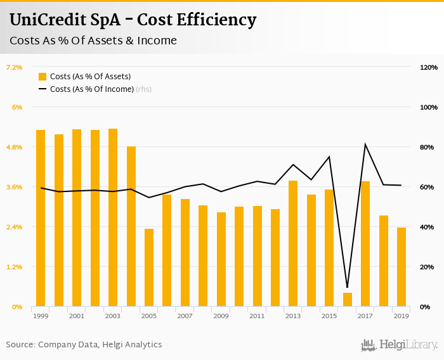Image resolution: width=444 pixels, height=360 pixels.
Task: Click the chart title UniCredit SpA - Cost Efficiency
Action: (x=133, y=20)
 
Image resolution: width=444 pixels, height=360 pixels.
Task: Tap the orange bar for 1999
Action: (x=41, y=218)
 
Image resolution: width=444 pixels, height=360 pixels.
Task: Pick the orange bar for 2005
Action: (x=149, y=267)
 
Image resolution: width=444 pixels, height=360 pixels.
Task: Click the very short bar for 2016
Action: (x=347, y=300)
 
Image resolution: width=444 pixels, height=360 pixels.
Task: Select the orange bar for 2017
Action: (x=365, y=244)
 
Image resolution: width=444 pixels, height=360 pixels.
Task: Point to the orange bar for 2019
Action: (x=402, y=267)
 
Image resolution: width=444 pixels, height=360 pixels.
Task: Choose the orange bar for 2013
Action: (x=293, y=243)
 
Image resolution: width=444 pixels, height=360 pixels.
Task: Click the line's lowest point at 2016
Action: (x=347, y=287)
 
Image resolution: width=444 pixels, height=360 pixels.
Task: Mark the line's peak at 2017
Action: (x=365, y=145)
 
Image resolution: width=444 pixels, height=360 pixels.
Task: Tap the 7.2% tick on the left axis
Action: (x=14, y=67)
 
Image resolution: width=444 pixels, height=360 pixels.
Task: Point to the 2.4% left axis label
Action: (x=14, y=227)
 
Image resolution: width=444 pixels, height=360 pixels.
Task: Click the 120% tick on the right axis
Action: (x=429, y=67)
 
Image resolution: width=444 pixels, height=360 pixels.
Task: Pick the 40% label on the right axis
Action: (x=429, y=227)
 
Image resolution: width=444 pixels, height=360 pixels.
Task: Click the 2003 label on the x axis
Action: (x=113, y=316)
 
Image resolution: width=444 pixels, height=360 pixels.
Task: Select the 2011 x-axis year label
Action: (x=257, y=316)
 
